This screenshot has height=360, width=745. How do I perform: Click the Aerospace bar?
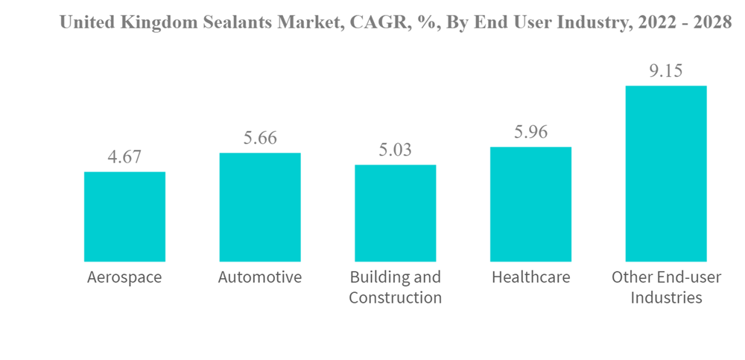coord(124,216)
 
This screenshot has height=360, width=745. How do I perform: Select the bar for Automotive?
coord(259,207)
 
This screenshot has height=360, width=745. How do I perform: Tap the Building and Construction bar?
coord(395,213)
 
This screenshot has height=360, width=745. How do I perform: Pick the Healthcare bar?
coord(530,204)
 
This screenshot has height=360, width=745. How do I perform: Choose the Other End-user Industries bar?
coord(665,174)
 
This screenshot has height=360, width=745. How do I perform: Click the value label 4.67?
coord(124,158)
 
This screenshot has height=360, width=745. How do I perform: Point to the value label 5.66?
coord(259,139)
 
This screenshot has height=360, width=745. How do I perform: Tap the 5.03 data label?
coord(395,151)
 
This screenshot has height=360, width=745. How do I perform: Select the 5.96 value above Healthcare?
coord(530,133)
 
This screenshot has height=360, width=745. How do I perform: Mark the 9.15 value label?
coord(665,72)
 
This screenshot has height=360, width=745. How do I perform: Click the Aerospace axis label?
coord(124,278)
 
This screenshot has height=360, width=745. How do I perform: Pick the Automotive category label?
coord(259,278)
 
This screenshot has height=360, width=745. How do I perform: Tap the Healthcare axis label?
coord(530,278)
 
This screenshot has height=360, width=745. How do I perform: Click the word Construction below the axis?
coord(395,298)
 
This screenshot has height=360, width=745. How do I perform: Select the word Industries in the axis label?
coord(665,298)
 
